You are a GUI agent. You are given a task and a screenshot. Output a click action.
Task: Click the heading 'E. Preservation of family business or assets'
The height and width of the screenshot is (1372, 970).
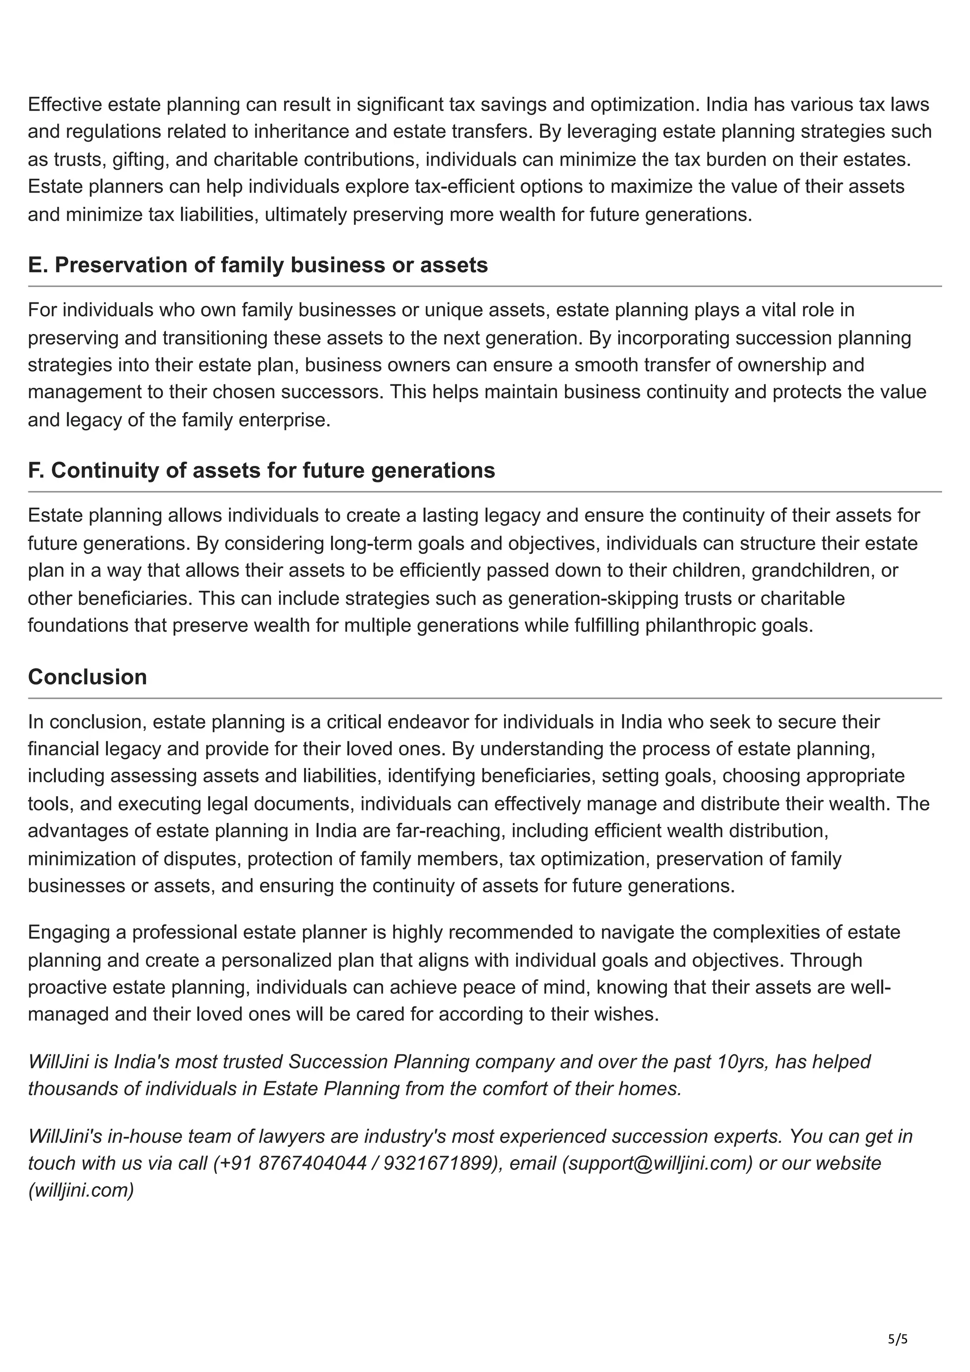click(x=258, y=265)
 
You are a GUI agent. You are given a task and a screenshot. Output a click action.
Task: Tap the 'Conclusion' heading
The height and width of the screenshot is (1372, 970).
click(x=87, y=677)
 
